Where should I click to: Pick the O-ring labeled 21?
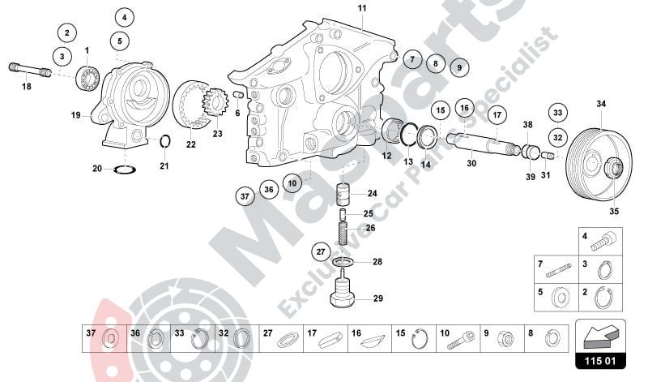coord(164,143)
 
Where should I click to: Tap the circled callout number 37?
coord(244,195)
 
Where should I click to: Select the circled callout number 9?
coord(458,67)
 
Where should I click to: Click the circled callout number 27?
coord(321,252)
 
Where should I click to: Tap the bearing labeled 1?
coord(87,79)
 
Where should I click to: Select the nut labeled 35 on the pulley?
coord(614,169)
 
